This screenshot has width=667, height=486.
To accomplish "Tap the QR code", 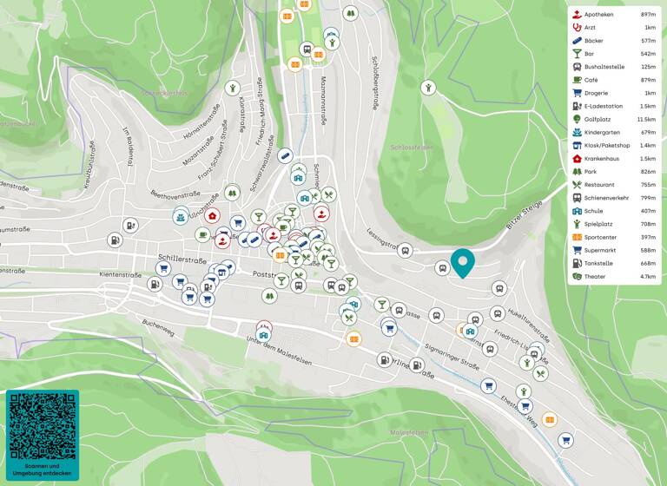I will pos(42,426).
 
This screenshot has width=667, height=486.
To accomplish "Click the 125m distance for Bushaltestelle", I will pos(648,67).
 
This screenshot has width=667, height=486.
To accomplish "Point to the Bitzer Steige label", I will pos(525,215).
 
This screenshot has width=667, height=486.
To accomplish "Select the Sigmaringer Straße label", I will pos(452,357).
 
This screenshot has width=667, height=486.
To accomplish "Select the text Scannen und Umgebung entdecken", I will pos(42,470).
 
